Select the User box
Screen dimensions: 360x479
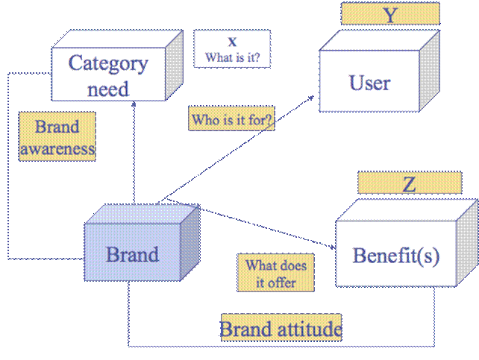pos(369,82)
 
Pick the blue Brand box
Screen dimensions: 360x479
pos(132,254)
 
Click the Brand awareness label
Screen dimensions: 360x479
pos(57,136)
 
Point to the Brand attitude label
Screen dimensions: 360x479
pos(281,328)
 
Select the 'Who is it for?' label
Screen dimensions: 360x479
pos(232,120)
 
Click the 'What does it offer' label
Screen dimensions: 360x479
pos(276,274)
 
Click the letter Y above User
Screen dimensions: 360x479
pos(390,14)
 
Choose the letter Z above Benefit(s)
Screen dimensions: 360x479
pos(409,184)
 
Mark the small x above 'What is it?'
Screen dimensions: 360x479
pos(232,42)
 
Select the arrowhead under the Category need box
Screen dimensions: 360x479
pos(134,104)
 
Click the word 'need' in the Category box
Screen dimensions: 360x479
pos(108,89)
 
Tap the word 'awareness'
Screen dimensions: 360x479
pos(57,148)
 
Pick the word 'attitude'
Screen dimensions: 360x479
pos(307,328)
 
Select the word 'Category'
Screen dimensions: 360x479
pos(108,63)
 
